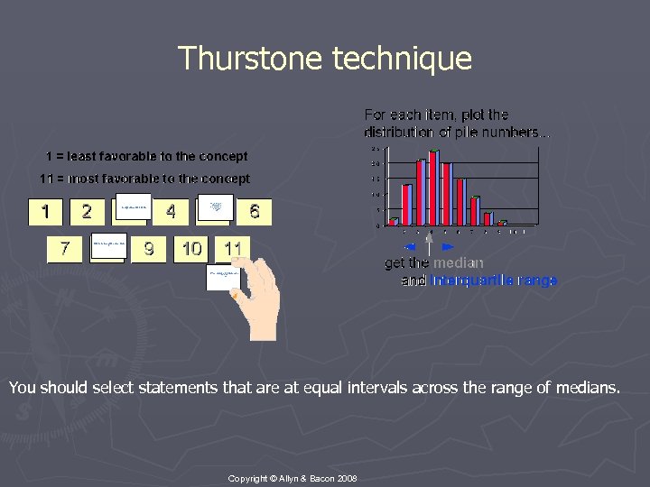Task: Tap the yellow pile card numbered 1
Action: pos(45,212)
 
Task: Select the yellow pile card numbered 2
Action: pos(87,212)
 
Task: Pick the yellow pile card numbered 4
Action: pos(171,212)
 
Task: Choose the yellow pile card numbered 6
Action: pos(255,212)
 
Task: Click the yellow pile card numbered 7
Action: pos(65,248)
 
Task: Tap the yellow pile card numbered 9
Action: pos(149,248)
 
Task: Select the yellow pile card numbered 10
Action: pos(191,248)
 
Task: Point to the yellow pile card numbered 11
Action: pos(233,248)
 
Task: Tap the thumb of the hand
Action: pos(237,293)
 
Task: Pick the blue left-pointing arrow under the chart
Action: pos(409,245)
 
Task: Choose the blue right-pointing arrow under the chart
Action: pos(448,245)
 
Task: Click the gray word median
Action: pos(458,263)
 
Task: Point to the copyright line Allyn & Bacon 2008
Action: pos(292,477)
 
